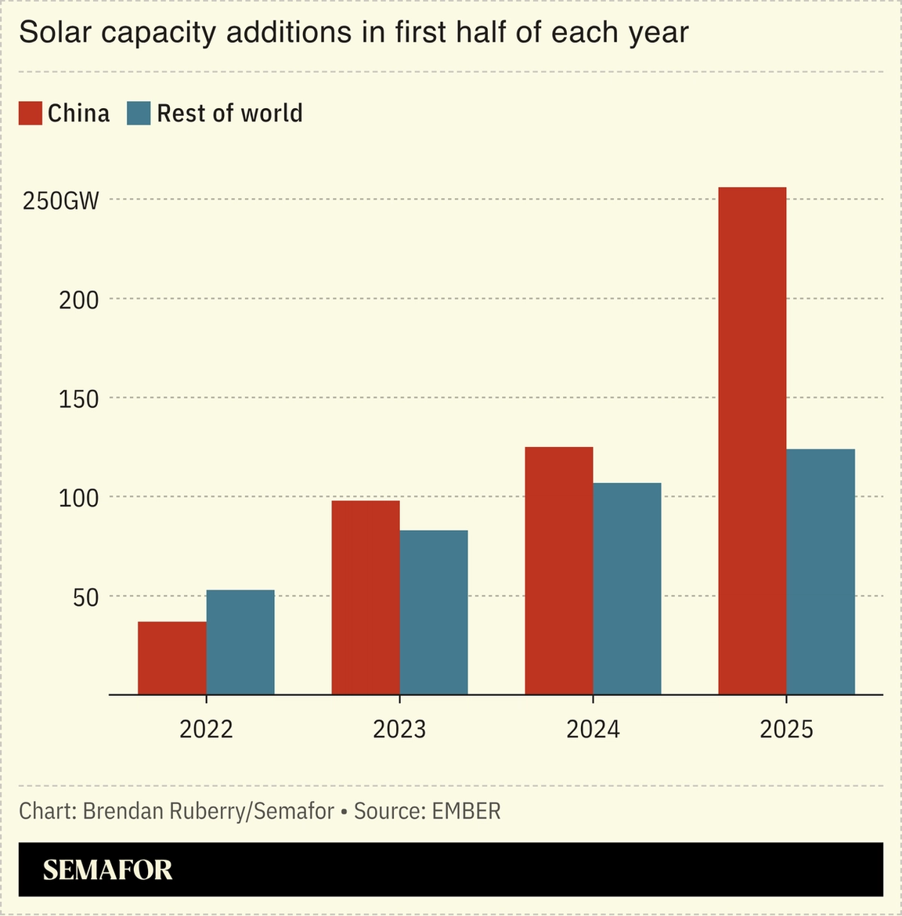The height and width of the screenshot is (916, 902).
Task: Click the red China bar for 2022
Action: (172, 658)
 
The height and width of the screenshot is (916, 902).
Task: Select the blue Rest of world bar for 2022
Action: (240, 642)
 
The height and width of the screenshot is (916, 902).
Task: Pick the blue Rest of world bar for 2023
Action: (434, 612)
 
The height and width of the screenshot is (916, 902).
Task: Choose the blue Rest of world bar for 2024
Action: (627, 588)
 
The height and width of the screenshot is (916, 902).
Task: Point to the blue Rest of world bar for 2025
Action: (821, 572)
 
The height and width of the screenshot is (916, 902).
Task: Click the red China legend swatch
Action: (31, 114)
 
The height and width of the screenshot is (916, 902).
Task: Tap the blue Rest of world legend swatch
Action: (139, 114)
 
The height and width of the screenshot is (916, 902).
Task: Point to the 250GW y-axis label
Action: (61, 201)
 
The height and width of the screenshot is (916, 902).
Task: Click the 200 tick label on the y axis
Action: (79, 300)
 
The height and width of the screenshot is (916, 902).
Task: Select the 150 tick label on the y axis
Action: (79, 399)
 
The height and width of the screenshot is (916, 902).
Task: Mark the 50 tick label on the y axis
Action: (86, 597)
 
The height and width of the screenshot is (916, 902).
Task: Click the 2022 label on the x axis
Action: (206, 730)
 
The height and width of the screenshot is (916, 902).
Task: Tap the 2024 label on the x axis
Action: (593, 730)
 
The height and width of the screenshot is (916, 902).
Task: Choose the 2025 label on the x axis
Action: (786, 730)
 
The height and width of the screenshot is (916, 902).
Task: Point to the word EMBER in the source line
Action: (466, 811)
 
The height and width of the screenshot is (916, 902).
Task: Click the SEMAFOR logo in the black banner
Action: (107, 870)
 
